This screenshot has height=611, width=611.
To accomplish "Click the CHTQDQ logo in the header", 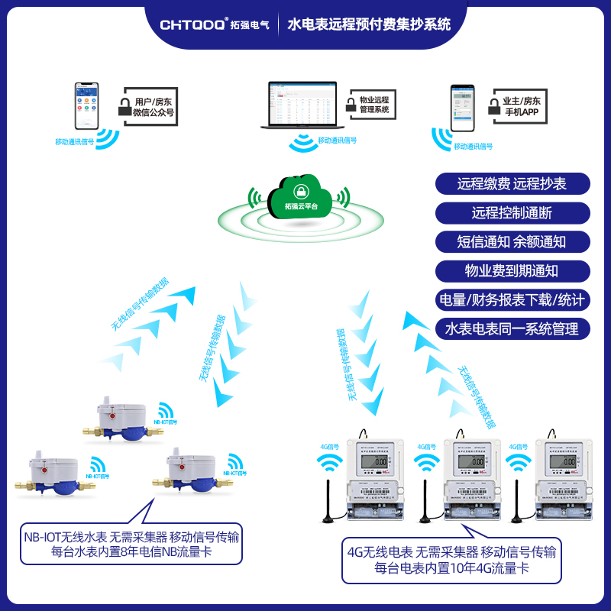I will [x=192, y=24].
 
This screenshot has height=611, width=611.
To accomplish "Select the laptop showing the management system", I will [x=300, y=105].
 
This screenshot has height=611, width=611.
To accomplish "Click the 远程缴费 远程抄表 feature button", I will [x=512, y=183].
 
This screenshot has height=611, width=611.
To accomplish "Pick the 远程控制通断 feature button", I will [x=512, y=212].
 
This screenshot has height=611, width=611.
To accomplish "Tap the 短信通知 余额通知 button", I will [x=512, y=241].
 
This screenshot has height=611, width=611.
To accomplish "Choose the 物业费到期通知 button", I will [x=512, y=270].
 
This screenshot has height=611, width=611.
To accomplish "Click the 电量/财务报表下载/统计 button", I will [x=512, y=299].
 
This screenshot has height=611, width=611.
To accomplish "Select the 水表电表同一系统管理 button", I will [x=512, y=328].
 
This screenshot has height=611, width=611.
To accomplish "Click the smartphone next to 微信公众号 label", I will [x=86, y=106].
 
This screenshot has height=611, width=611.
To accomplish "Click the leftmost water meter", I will [x=52, y=474].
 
